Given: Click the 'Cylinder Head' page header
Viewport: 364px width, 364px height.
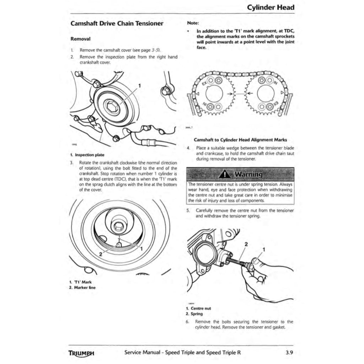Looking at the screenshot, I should (x=271, y=7).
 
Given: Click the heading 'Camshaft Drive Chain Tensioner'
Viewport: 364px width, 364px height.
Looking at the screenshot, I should (x=117, y=24).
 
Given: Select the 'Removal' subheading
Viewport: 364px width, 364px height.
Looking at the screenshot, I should (x=81, y=38).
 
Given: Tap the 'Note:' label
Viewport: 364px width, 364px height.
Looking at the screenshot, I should (x=193, y=23).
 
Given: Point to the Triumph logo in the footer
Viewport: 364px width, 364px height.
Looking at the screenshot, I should (x=81, y=354).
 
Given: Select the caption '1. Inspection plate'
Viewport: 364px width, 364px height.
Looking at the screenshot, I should (x=87, y=155).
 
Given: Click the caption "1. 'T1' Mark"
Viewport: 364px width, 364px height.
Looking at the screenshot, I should (x=81, y=282).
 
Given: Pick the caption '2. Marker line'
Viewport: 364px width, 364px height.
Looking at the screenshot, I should (x=82, y=288).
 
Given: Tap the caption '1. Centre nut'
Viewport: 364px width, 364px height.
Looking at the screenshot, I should (x=198, y=309).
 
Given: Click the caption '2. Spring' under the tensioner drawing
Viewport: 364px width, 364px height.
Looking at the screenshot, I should (x=194, y=314).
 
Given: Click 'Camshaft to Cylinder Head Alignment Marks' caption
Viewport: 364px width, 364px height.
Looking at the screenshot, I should (x=240, y=140).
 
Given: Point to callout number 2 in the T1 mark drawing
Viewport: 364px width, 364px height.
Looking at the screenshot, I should (x=101, y=254).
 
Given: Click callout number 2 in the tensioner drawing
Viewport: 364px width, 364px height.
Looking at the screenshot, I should (x=246, y=244).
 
